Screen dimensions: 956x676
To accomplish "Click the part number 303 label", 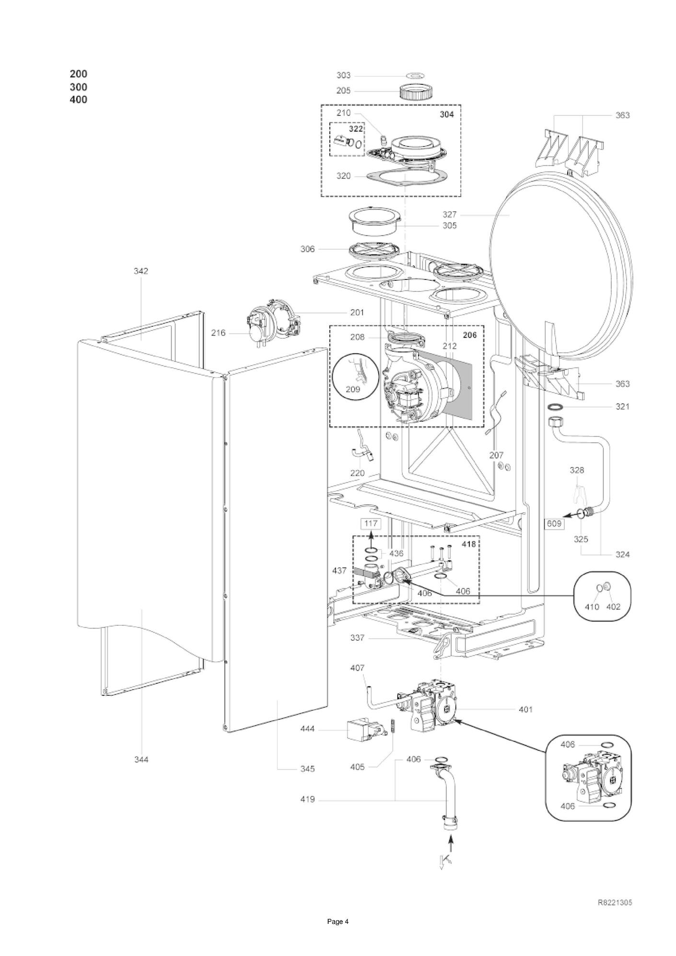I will click(x=343, y=76).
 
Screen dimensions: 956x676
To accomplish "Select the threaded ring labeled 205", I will click(x=412, y=91).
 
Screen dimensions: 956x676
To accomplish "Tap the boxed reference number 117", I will click(x=371, y=524).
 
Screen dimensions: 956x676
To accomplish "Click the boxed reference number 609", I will click(x=554, y=523).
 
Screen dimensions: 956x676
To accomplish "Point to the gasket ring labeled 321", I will click(x=556, y=406).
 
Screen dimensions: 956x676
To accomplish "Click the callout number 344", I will click(x=141, y=760).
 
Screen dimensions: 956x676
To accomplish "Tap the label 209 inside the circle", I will click(x=353, y=389).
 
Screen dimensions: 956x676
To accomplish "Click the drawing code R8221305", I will click(x=615, y=902).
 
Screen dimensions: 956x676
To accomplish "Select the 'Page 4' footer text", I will click(x=338, y=921).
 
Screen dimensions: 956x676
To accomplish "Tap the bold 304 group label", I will click(x=447, y=115).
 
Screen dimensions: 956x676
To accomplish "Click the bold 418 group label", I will click(x=468, y=544).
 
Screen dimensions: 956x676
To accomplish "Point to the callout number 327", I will click(x=450, y=215).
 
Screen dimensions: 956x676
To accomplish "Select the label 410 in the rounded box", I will click(x=592, y=607).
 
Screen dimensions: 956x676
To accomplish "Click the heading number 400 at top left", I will click(x=79, y=100).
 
